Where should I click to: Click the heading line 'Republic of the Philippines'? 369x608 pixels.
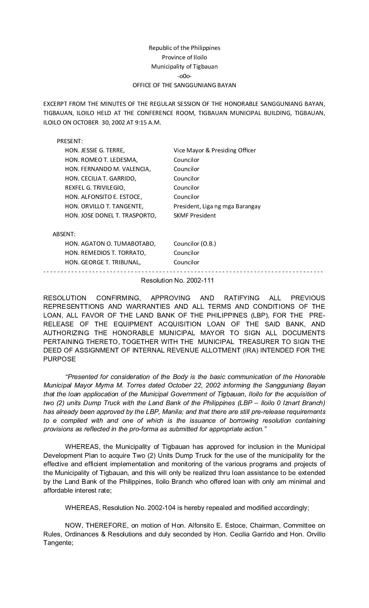pyautogui.click(x=184, y=48)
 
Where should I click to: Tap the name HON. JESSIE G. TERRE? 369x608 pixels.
pyautogui.click(x=95, y=150)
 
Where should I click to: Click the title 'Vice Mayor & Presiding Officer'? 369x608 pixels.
pyautogui.click(x=214, y=150)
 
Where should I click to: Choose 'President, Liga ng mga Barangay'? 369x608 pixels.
pyautogui.click(x=217, y=206)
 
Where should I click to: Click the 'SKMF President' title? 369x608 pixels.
pyautogui.click(x=194, y=215)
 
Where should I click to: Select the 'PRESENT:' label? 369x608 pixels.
pyautogui.click(x=70, y=141)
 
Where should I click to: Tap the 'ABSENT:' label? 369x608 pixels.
pyautogui.click(x=64, y=234)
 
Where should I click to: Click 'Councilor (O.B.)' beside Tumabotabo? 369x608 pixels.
pyautogui.click(x=194, y=244)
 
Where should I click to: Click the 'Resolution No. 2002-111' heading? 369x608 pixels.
pyautogui.click(x=177, y=281)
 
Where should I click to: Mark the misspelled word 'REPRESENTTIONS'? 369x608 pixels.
pyautogui.click(x=76, y=307)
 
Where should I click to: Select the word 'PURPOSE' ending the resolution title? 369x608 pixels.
pyautogui.click(x=59, y=359)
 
